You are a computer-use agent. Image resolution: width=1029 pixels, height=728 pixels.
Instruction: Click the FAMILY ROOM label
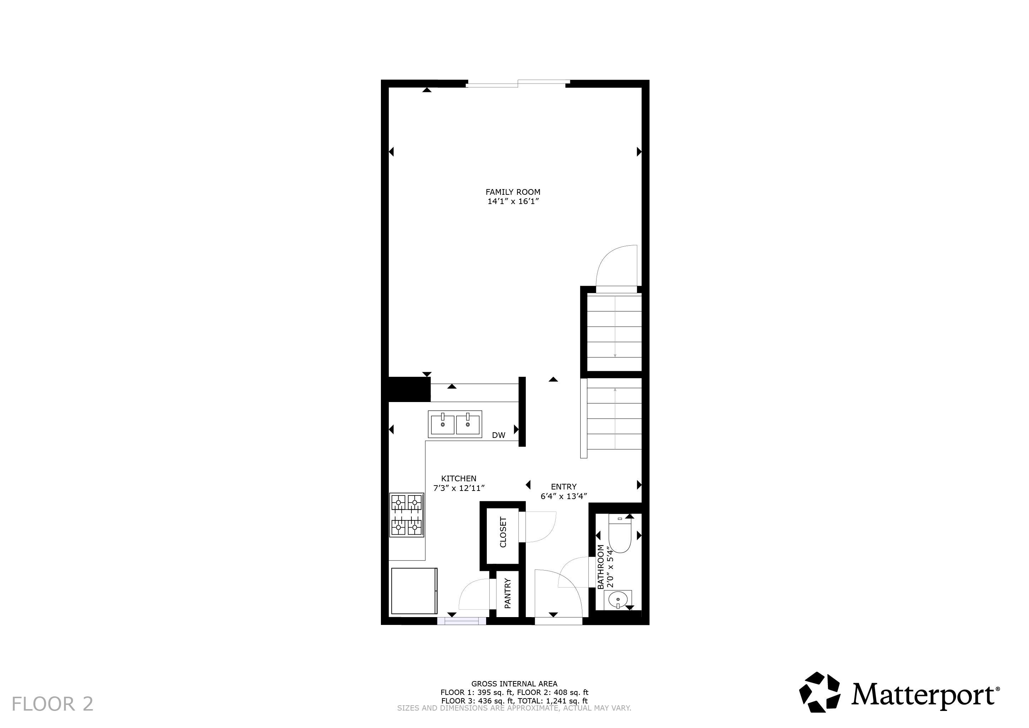(513, 192)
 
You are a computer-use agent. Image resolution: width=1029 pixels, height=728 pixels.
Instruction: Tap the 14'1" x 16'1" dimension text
(513, 202)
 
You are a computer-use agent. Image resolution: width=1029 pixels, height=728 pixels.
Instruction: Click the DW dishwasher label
(499, 435)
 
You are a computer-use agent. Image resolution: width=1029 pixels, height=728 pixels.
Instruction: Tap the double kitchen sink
(455, 424)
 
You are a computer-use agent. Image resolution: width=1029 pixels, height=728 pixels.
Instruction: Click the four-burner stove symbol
(406, 515)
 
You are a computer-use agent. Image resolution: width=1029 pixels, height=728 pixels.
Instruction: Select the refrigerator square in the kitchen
(414, 591)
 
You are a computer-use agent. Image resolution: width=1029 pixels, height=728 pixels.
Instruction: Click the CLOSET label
(503, 532)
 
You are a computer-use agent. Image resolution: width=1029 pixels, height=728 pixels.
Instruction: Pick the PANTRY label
(507, 594)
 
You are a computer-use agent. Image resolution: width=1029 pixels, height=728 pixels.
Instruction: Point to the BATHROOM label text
(600, 567)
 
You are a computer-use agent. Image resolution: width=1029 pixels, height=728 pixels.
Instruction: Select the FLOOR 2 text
(53, 704)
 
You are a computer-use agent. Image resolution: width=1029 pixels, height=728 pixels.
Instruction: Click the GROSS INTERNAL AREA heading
(514, 684)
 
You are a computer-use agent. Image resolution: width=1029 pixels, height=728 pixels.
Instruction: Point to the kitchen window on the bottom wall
(462, 621)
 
